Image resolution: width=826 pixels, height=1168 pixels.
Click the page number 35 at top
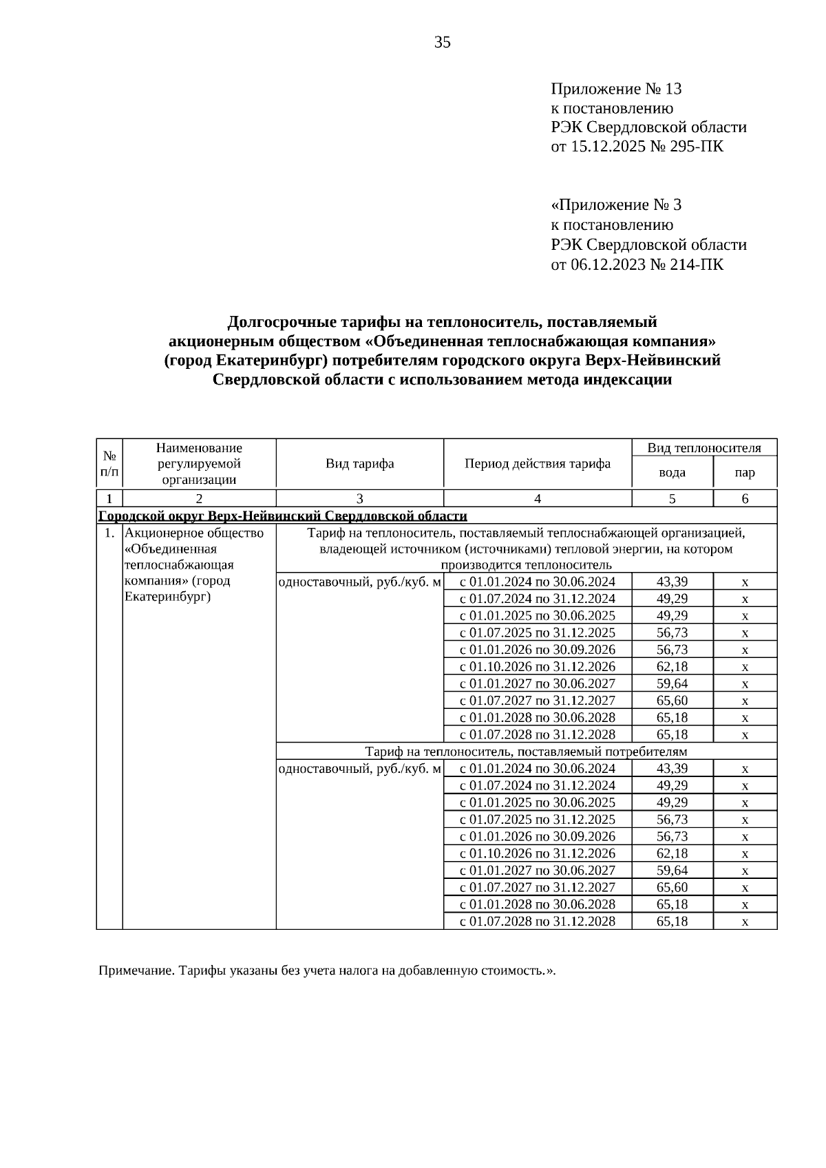click(443, 43)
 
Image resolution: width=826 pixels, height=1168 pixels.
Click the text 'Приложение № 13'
click(616, 89)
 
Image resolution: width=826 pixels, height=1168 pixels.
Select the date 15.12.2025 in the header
click(608, 147)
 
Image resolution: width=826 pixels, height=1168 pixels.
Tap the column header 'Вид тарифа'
click(359, 463)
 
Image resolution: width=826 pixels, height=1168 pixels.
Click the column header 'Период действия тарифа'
click(538, 463)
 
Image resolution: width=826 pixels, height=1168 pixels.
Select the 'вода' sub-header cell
click(672, 472)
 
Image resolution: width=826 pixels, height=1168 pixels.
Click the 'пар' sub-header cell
click(745, 472)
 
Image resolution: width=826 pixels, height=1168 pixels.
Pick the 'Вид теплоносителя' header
click(704, 448)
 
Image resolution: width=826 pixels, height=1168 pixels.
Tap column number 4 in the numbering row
click(538, 499)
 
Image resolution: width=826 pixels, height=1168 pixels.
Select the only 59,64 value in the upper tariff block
click(672, 683)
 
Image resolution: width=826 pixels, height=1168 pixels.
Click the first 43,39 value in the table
click(672, 582)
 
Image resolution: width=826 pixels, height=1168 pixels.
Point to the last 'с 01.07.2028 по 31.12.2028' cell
click(538, 921)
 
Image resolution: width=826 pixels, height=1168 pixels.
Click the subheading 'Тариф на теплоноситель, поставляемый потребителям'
click(526, 751)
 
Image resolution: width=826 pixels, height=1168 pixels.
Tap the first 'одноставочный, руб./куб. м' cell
click(359, 582)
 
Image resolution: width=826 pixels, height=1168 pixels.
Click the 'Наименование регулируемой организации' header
click(199, 463)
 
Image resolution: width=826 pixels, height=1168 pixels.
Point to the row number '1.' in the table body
click(109, 533)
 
